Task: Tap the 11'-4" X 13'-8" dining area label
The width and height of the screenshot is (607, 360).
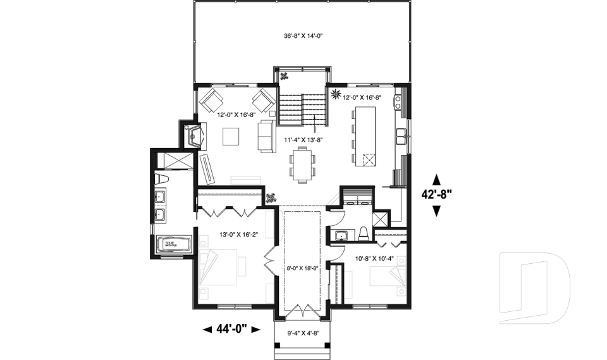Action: point(303,139)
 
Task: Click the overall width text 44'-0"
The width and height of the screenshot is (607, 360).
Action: point(231,328)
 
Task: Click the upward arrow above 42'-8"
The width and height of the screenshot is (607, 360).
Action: point(436,179)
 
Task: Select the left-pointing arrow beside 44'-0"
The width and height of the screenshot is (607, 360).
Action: point(207,329)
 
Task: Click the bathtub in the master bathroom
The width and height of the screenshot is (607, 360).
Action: point(172,244)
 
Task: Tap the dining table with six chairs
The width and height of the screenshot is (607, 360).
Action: point(302,163)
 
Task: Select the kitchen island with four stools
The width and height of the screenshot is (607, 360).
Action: point(365,136)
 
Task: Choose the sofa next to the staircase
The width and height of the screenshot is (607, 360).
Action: point(266,136)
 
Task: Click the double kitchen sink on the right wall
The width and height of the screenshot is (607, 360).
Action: point(401,134)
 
